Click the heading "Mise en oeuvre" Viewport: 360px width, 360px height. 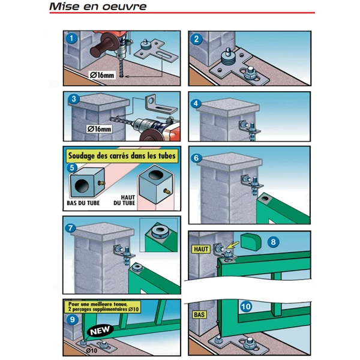point(98,7)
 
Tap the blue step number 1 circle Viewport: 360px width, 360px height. point(71,38)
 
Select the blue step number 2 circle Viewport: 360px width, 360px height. point(197,39)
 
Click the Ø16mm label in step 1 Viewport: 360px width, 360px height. point(102,75)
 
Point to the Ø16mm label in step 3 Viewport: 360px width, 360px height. point(99,129)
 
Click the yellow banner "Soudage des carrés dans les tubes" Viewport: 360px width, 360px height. point(122,156)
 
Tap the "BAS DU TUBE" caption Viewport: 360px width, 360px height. point(83,203)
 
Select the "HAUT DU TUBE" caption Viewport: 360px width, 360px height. point(124,200)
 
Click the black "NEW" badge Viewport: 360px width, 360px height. point(100,331)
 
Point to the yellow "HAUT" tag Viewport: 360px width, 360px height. point(201,249)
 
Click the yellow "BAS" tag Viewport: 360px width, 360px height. point(199,314)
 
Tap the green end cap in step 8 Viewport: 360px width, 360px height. point(251,241)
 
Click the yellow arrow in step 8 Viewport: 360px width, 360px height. point(232,245)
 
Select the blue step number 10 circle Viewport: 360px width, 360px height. point(246,307)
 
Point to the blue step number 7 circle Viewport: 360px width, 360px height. point(70,228)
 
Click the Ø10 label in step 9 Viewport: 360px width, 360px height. point(92,350)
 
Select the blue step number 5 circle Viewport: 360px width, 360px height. point(72,167)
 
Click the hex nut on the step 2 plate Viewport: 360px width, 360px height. point(250,73)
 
